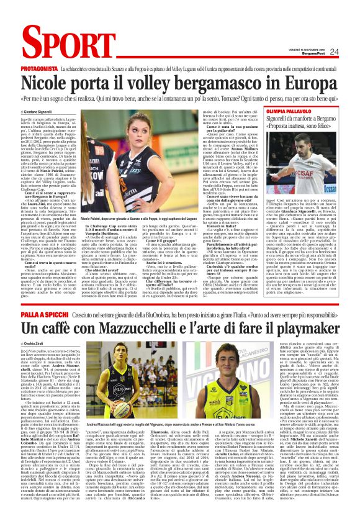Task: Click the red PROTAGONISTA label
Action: tap(38, 66)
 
